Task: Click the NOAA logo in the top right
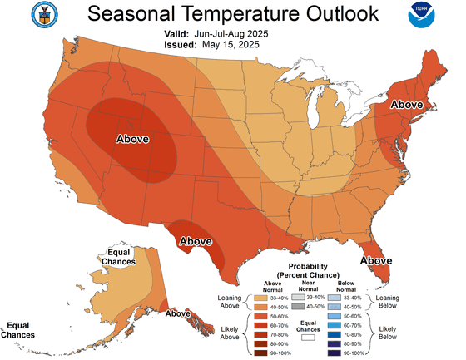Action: [433, 16]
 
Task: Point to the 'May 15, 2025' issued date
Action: [233, 45]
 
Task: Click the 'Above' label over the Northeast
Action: [408, 106]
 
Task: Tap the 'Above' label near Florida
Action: [376, 260]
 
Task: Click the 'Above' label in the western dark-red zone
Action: [132, 137]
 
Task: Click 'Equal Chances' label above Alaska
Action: [116, 257]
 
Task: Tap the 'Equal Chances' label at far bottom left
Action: [17, 330]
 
